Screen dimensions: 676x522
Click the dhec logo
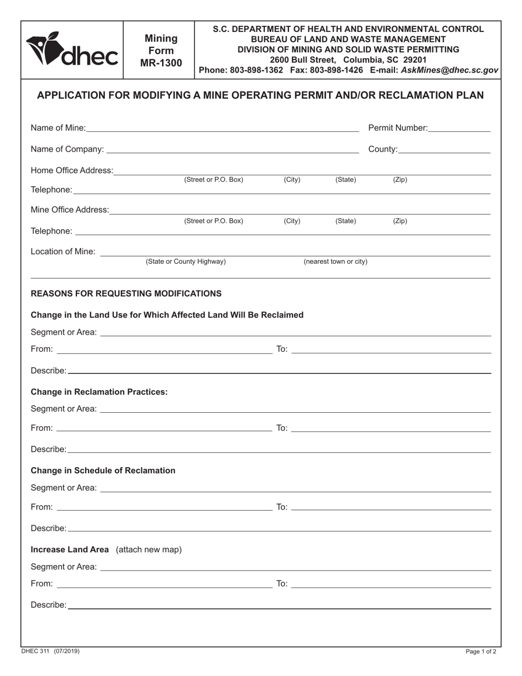coord(72,50)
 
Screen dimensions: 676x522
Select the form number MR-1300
coord(160,63)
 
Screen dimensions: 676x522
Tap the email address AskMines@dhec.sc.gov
coord(449,70)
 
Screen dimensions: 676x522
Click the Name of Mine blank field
coord(222,128)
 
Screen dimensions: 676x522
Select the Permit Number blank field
coord(459,128)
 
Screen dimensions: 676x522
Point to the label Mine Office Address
coord(70,210)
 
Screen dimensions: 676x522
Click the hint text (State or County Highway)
coord(186,262)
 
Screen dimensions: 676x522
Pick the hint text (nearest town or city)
coord(336,262)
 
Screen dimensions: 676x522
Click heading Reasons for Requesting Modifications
coord(126,293)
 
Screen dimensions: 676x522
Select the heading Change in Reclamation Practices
coord(99,392)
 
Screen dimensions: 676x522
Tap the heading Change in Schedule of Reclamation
coord(103,470)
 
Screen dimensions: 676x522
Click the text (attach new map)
coord(149,550)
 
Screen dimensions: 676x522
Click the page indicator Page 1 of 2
coord(481,652)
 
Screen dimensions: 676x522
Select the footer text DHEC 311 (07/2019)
coord(51,651)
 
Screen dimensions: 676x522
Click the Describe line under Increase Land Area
coord(279,605)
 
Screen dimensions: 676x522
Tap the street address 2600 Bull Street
coord(305,59)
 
